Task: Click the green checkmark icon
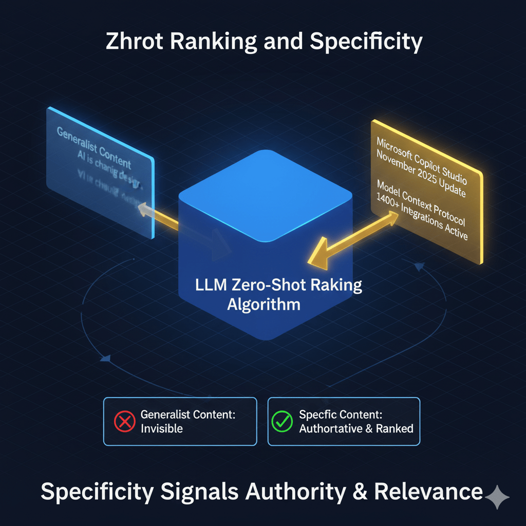pyautogui.click(x=281, y=421)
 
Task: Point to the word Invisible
pyautogui.click(x=161, y=428)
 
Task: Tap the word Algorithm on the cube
pyautogui.click(x=264, y=304)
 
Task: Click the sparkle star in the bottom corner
pyautogui.click(x=498, y=497)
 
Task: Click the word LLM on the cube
pyautogui.click(x=209, y=285)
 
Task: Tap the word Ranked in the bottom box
pyautogui.click(x=395, y=428)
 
